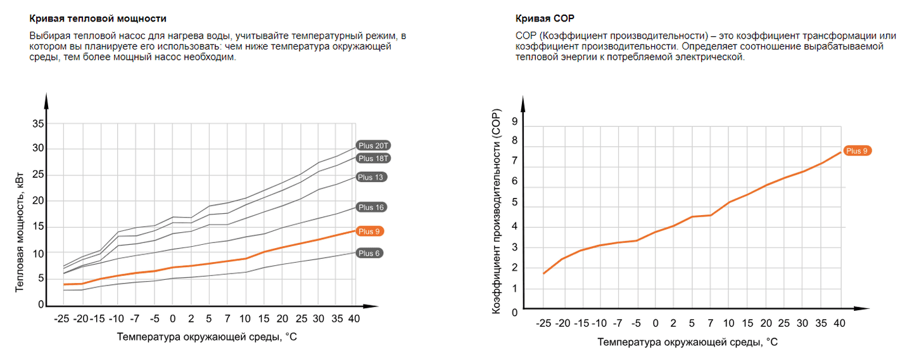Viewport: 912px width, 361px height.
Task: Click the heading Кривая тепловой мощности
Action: pos(93,19)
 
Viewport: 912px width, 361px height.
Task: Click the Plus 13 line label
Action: pos(371,177)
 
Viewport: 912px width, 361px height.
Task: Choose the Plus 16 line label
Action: pos(371,207)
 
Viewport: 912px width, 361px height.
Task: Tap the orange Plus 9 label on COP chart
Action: pos(857,150)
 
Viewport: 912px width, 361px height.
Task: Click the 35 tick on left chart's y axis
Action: pos(38,123)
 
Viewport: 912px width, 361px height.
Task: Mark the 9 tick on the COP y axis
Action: pos(515,122)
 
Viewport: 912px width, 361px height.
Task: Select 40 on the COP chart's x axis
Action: pos(839,324)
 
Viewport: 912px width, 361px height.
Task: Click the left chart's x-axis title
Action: pos(207,337)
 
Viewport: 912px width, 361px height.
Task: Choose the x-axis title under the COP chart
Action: pos(687,342)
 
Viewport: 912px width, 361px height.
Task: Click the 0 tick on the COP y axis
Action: pos(515,312)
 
